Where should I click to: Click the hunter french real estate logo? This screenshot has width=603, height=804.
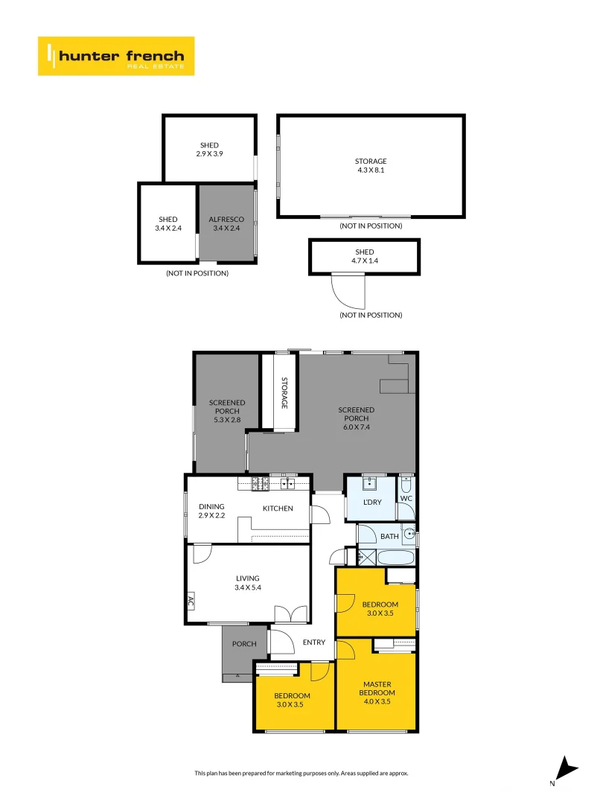click(116, 56)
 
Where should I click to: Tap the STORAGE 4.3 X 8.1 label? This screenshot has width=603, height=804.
click(371, 165)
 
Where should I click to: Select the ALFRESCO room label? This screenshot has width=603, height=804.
click(226, 219)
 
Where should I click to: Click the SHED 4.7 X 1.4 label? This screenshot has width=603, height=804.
click(365, 256)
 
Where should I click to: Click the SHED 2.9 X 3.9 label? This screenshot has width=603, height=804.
click(209, 149)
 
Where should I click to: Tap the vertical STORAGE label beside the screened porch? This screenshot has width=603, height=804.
click(284, 393)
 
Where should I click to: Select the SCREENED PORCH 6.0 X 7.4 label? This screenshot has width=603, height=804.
click(357, 418)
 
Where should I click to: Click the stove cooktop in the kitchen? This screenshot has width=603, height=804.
click(260, 483)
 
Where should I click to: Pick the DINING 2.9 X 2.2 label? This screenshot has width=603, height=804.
click(211, 511)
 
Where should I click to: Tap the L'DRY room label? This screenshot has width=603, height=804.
click(372, 502)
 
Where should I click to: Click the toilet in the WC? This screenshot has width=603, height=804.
click(406, 485)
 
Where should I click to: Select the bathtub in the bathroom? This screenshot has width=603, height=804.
click(395, 558)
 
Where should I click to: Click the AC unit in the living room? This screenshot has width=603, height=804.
click(191, 602)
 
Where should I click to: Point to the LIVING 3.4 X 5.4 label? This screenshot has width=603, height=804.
click(248, 583)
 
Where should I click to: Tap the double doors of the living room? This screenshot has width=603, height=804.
click(291, 613)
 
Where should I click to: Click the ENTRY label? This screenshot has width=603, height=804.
click(314, 642)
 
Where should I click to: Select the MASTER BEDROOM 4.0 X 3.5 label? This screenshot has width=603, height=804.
click(377, 693)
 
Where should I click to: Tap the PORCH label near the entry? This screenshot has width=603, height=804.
click(244, 643)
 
